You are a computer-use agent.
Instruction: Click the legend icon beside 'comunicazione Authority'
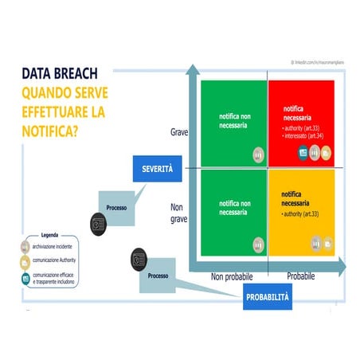click(x=25, y=262)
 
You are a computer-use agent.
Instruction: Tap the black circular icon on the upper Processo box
click(x=98, y=224)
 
